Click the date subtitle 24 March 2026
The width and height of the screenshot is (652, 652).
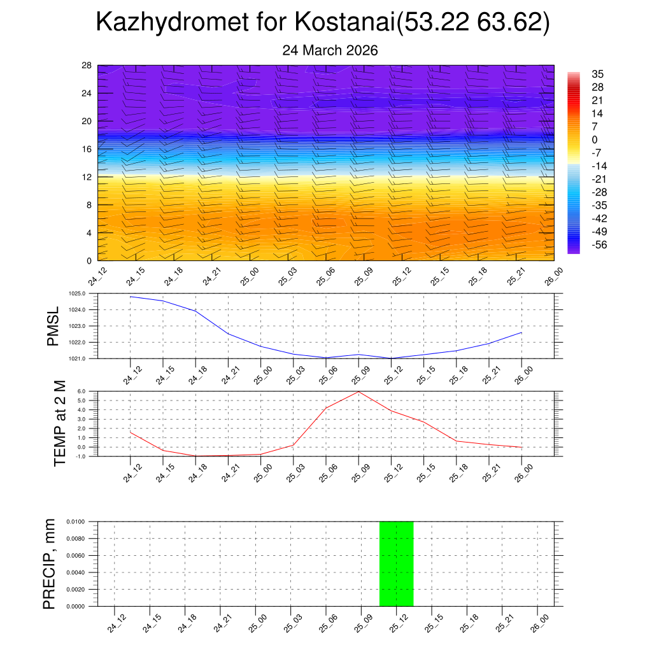pyautogui.click(x=330, y=50)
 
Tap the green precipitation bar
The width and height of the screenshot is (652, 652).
pyautogui.click(x=396, y=563)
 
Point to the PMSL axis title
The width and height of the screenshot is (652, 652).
pyautogui.click(x=53, y=326)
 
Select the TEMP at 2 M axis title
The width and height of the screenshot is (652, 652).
pyautogui.click(x=60, y=423)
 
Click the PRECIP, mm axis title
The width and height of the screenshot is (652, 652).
pyautogui.click(x=49, y=563)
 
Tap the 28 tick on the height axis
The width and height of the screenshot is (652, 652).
pyautogui.click(x=87, y=66)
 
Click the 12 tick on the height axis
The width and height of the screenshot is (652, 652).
pyautogui.click(x=87, y=177)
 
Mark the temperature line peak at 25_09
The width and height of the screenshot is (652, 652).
pyautogui.click(x=358, y=392)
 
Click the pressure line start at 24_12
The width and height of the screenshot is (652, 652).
pyautogui.click(x=131, y=297)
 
